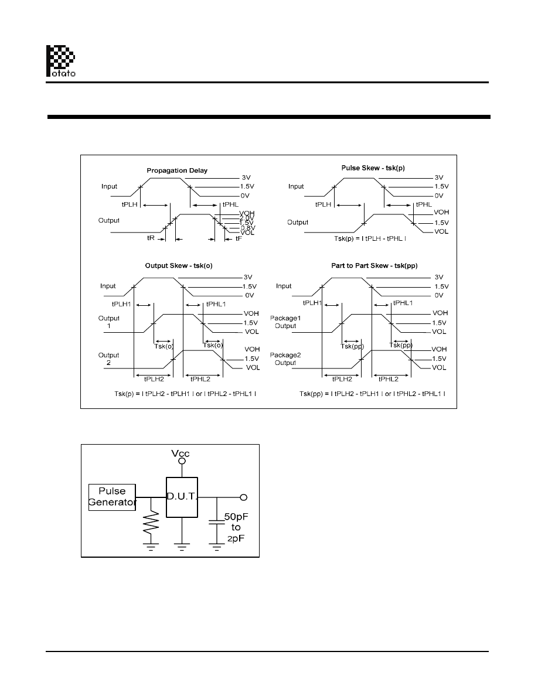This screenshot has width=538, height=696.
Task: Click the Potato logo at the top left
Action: tap(60, 60)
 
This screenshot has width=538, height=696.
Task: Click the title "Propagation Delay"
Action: tap(177, 170)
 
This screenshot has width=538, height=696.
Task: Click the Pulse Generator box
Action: tap(112, 497)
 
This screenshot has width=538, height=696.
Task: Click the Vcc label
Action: tap(181, 453)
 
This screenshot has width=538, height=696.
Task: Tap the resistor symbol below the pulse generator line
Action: tap(151, 521)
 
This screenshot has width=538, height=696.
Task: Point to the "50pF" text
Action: tap(237, 517)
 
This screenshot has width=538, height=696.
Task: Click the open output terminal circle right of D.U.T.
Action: tap(244, 497)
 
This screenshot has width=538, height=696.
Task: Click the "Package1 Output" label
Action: tap(284, 322)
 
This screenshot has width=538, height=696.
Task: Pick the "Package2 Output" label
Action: tap(284, 359)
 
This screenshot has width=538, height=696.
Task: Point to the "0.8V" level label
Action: tap(231, 227)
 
